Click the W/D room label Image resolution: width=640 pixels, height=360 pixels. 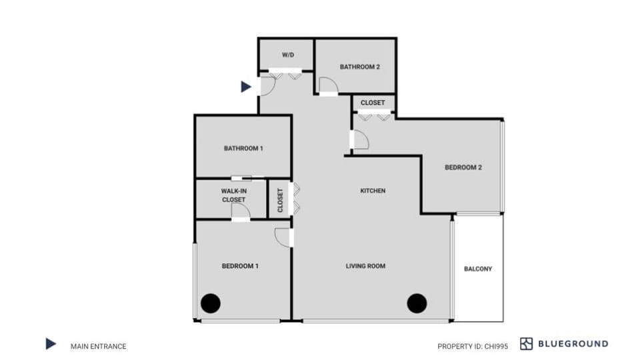[x=287, y=54]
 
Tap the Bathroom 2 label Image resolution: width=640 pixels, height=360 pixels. [x=360, y=67]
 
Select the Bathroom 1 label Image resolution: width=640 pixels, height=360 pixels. [x=243, y=148]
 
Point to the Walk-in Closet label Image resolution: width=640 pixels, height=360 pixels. [x=233, y=195]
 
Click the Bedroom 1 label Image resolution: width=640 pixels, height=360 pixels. [x=240, y=266]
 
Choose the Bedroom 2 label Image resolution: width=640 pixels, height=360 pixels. [x=463, y=167]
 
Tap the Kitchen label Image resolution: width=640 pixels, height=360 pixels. [x=373, y=191]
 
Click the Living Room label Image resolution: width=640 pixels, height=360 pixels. [x=365, y=266]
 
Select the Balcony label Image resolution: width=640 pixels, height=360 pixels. [x=478, y=269]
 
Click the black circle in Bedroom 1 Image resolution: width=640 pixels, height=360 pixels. [x=211, y=303]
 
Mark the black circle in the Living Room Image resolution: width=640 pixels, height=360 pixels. [x=417, y=303]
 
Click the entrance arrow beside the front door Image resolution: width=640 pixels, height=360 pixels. [x=246, y=87]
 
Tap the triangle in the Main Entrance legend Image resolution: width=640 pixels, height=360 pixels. [x=51, y=344]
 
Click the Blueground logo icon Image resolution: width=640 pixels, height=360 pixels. [x=527, y=344]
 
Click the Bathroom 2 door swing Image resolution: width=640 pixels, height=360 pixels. [x=327, y=85]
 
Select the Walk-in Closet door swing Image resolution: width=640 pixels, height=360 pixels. [x=240, y=211]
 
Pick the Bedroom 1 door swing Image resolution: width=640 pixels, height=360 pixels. [x=285, y=237]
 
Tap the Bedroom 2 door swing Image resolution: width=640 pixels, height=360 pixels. [x=360, y=139]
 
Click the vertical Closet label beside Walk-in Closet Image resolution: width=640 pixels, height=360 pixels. [x=280, y=199]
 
